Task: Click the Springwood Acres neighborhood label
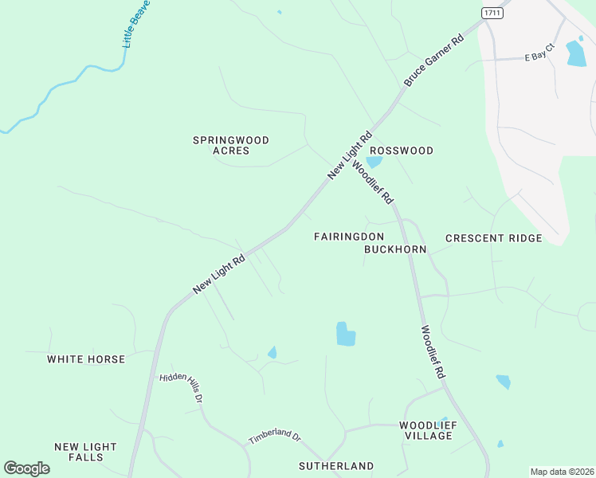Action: (231, 145)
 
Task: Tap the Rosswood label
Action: (402, 151)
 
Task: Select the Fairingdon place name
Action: (349, 237)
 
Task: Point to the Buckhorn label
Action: (395, 249)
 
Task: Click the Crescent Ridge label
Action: (493, 238)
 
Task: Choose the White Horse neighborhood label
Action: (86, 359)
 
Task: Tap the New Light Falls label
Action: (85, 452)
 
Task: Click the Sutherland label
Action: (336, 465)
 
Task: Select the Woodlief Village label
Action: (428, 430)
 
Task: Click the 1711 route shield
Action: (492, 14)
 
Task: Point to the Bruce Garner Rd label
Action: (433, 61)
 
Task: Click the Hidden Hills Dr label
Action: (182, 388)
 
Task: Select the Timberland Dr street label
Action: (274, 438)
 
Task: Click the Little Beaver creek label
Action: (136, 24)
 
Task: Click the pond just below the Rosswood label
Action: (374, 162)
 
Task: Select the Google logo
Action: (26, 468)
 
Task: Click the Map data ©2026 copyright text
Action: (561, 472)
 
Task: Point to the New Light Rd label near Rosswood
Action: (350, 155)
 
